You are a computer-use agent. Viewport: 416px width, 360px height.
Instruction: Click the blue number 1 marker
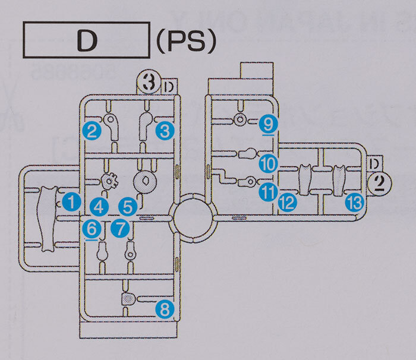tap(72, 201)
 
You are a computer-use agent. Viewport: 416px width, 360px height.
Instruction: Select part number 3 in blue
tap(164, 131)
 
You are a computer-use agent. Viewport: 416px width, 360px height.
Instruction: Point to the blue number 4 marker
tap(99, 207)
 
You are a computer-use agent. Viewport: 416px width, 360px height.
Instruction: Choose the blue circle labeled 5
tap(127, 207)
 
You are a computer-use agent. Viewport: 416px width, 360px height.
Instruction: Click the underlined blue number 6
tap(92, 228)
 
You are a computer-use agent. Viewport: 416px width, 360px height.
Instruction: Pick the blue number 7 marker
tap(119, 227)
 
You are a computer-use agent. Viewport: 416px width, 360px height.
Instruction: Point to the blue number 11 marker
tap(267, 192)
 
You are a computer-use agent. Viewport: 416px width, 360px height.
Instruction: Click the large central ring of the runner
tap(193, 217)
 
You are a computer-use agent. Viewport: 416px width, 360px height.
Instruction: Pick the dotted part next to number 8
tap(130, 298)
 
